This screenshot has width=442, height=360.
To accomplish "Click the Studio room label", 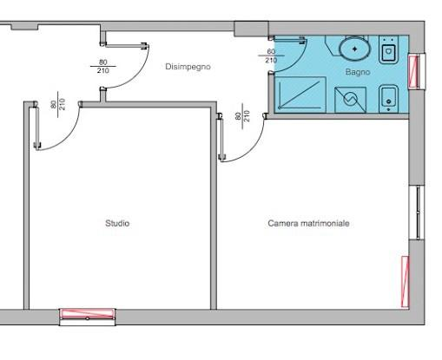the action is tap(117, 223).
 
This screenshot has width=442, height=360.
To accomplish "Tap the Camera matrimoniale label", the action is tap(308, 223).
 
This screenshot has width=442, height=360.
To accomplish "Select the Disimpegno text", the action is tap(188, 67).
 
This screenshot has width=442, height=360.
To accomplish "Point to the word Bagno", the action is tap(358, 72).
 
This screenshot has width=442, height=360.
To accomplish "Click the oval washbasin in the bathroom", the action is tap(354, 49).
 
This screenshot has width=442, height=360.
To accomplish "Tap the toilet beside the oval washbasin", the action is tap(389, 49).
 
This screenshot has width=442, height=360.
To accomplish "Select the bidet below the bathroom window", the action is tap(388, 98).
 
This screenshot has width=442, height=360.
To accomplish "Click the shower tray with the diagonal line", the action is tap(300, 95).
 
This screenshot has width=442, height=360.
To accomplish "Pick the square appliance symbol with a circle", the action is tap(350, 100).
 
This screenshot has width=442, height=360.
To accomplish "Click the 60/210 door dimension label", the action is tap(271, 56).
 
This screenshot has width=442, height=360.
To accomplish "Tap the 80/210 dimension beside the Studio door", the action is tap(58, 104).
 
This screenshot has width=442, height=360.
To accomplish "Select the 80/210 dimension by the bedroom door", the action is tap(242, 116).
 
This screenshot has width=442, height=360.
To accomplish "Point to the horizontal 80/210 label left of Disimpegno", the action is tap(103, 66).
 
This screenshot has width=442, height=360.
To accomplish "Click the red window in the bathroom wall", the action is tap(413, 72).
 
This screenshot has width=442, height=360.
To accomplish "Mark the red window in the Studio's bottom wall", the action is tap(88, 314).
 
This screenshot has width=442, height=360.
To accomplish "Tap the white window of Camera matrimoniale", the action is tap(417, 213).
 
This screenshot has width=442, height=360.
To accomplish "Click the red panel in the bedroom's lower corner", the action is tap(406, 281).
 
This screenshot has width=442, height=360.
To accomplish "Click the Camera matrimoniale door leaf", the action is tap(221, 138).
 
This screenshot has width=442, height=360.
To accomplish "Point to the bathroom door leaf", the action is tap(287, 41).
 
